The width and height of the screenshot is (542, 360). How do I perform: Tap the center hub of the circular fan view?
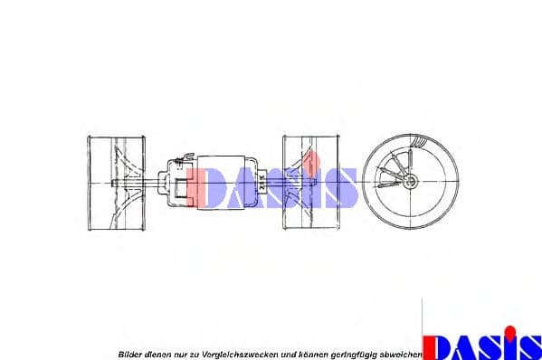pos(412,182)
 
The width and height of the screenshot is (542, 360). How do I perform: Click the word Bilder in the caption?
pos(130,353)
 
